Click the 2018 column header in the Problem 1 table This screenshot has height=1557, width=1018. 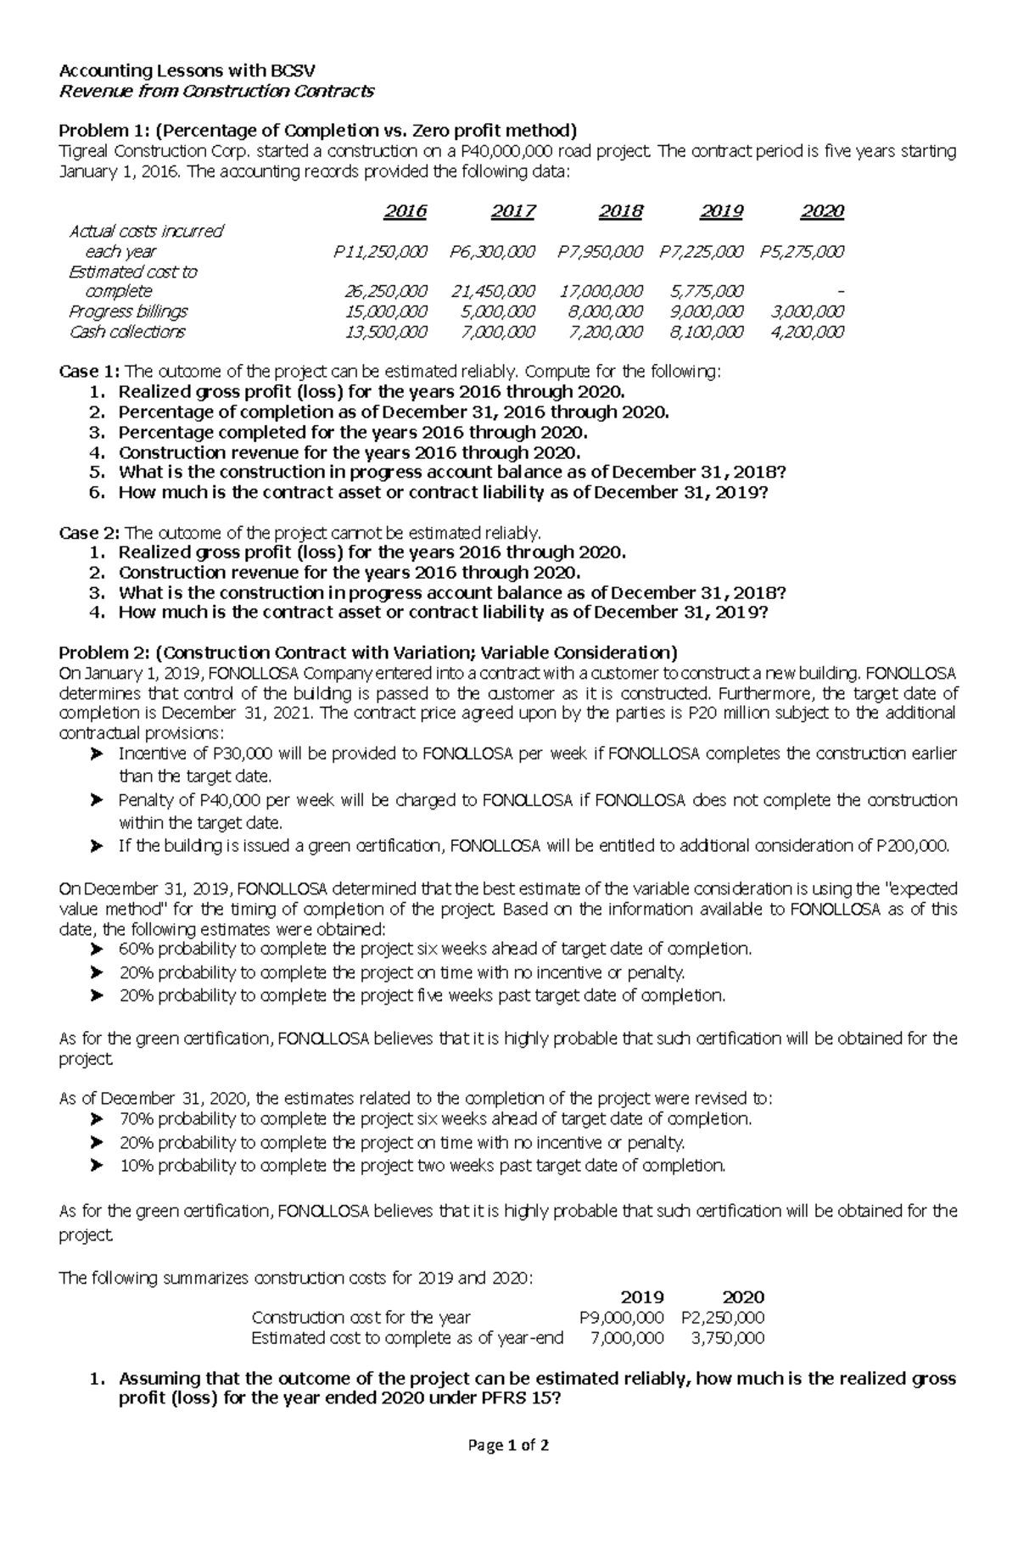coord(621,211)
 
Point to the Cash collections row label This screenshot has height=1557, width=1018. coord(126,333)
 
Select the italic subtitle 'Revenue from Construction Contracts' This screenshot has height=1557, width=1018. coord(215,92)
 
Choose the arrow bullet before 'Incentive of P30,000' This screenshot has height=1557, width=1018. coord(97,753)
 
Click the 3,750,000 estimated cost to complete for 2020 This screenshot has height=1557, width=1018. coord(727,1338)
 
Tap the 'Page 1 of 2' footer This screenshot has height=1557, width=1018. coord(508,1445)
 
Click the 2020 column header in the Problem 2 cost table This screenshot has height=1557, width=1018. coord(742,1297)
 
